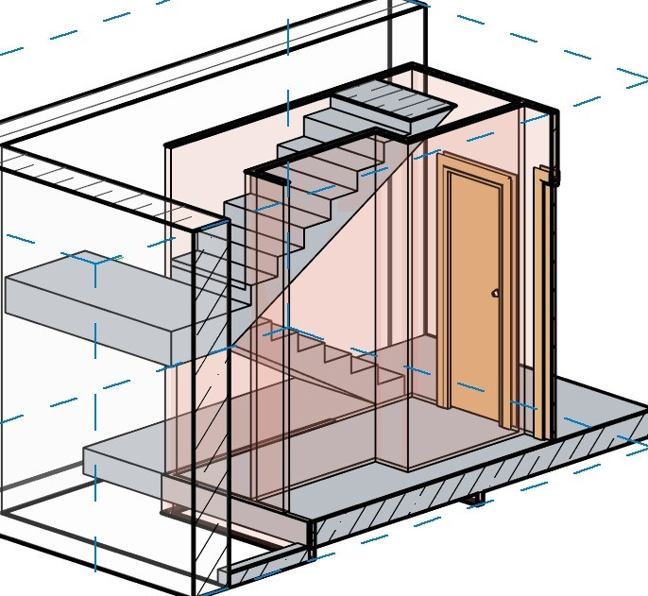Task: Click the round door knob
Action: [x=495, y=293]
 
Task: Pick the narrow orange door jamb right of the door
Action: [x=542, y=302]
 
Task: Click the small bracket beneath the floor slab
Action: [x=475, y=497]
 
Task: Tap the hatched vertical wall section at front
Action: [x=210, y=406]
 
